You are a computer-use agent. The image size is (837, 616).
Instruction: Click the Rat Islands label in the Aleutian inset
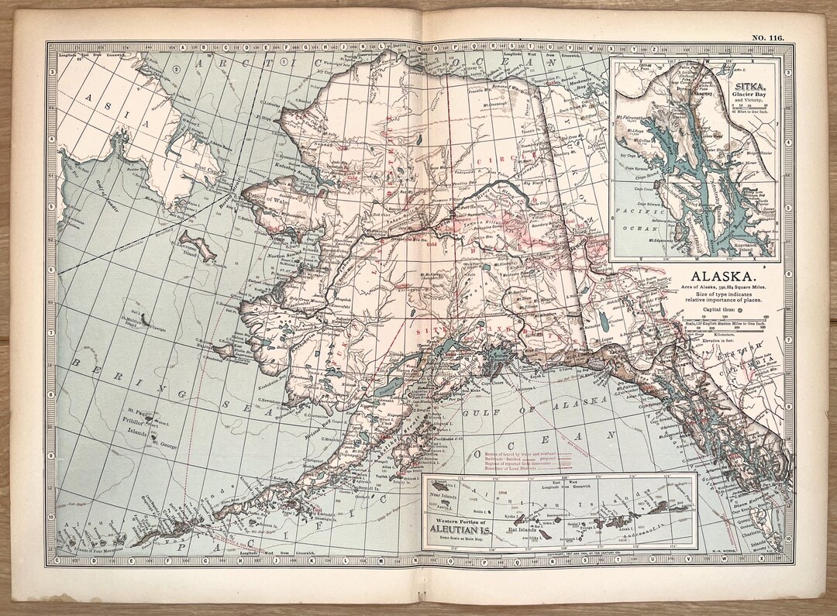[542, 530]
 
